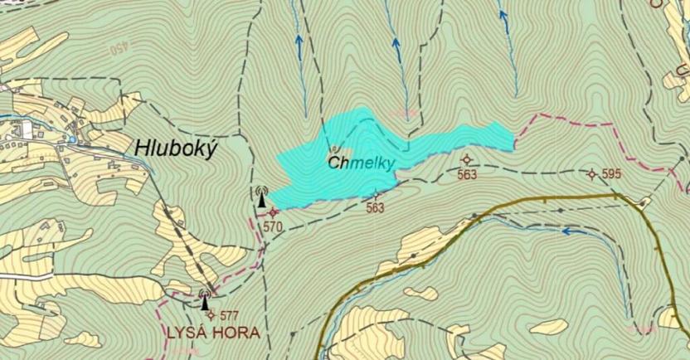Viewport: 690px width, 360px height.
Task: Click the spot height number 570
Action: [x=274, y=226]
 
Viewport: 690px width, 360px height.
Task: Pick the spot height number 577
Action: [x=229, y=315]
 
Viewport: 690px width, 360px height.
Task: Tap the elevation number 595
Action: [x=611, y=174]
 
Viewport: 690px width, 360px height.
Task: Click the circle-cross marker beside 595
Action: [x=591, y=174]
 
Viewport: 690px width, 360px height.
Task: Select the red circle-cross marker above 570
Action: [x=274, y=212]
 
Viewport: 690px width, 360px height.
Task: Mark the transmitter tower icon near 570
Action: [x=262, y=197]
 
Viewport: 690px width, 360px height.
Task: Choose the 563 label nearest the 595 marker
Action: [x=468, y=174]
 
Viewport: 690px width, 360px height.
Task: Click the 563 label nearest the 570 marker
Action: [x=375, y=208]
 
